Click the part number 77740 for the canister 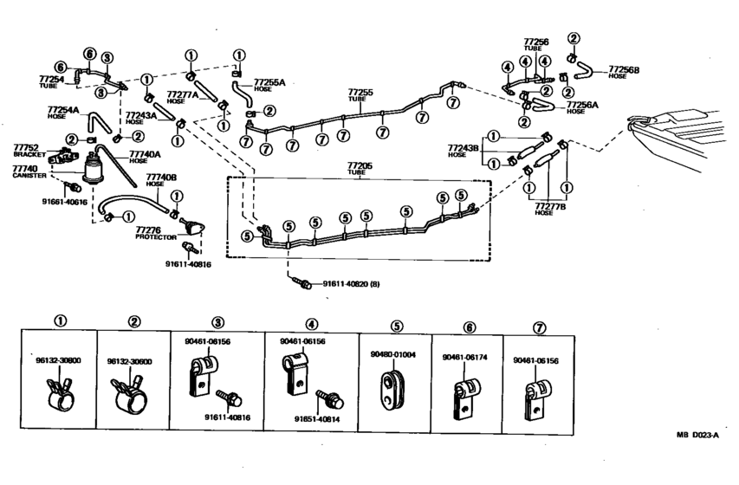24,168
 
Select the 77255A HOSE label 269,85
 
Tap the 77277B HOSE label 549,209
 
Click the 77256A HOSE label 583,107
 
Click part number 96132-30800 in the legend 59,361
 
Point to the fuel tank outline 684,130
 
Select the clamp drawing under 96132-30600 130,394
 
